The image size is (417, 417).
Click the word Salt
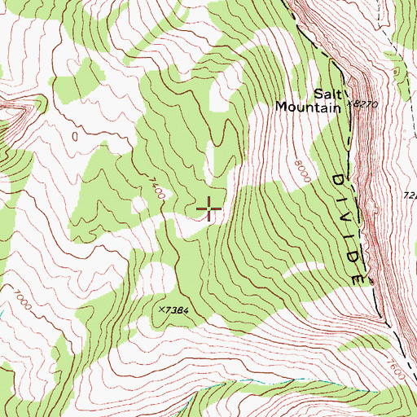[327, 93]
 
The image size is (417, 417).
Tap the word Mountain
[306, 106]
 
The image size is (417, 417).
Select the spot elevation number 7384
[184, 310]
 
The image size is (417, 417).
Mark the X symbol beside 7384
[164, 309]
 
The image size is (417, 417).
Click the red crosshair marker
[209, 209]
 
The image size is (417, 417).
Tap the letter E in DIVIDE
[358, 276]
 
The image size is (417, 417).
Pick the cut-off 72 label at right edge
[410, 195]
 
